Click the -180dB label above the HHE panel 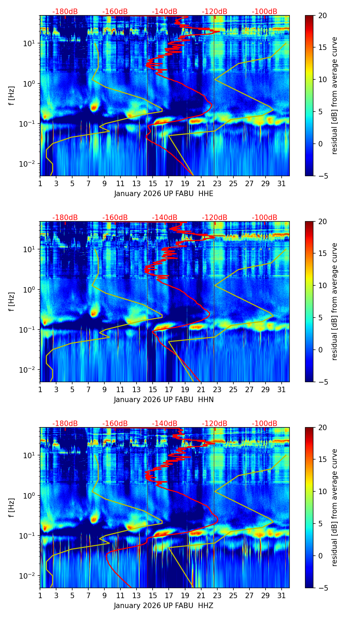point(65,12)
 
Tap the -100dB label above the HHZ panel point(265,424)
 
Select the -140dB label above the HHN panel point(165,218)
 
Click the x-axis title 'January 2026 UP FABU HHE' point(164,194)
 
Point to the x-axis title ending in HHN point(164,400)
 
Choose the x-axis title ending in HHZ point(164,606)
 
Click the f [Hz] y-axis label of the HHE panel point(12,95)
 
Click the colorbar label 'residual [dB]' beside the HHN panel point(335,301)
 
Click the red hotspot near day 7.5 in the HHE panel point(94,107)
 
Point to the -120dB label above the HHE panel point(215,12)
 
